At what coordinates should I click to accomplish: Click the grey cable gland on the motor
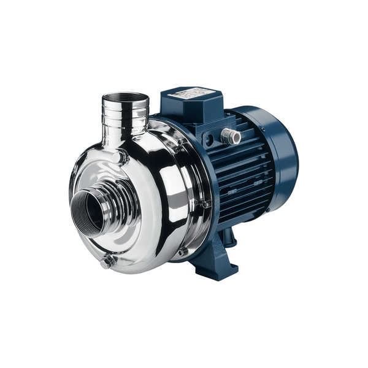[231, 136]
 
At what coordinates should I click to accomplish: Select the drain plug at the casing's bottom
[108, 262]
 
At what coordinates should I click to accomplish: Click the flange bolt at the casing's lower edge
[183, 251]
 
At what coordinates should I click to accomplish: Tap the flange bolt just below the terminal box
[181, 145]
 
